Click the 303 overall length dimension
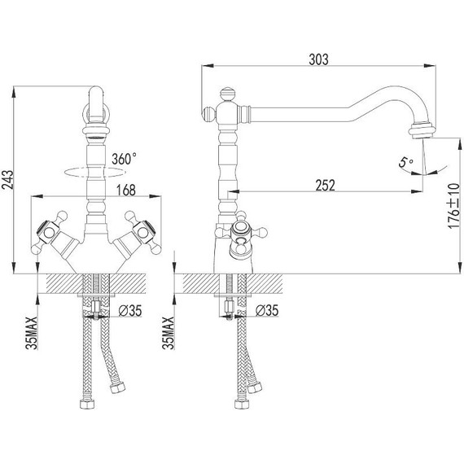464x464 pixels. [318, 59]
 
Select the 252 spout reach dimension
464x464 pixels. [326, 186]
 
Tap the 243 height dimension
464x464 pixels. [7, 180]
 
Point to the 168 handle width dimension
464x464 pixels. [125, 190]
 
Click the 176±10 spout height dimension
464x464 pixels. [453, 206]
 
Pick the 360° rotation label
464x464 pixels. [124, 159]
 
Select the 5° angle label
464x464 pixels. [405, 162]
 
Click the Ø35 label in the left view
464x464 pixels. [130, 311]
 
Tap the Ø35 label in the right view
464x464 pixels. [267, 310]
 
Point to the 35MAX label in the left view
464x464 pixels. [32, 333]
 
